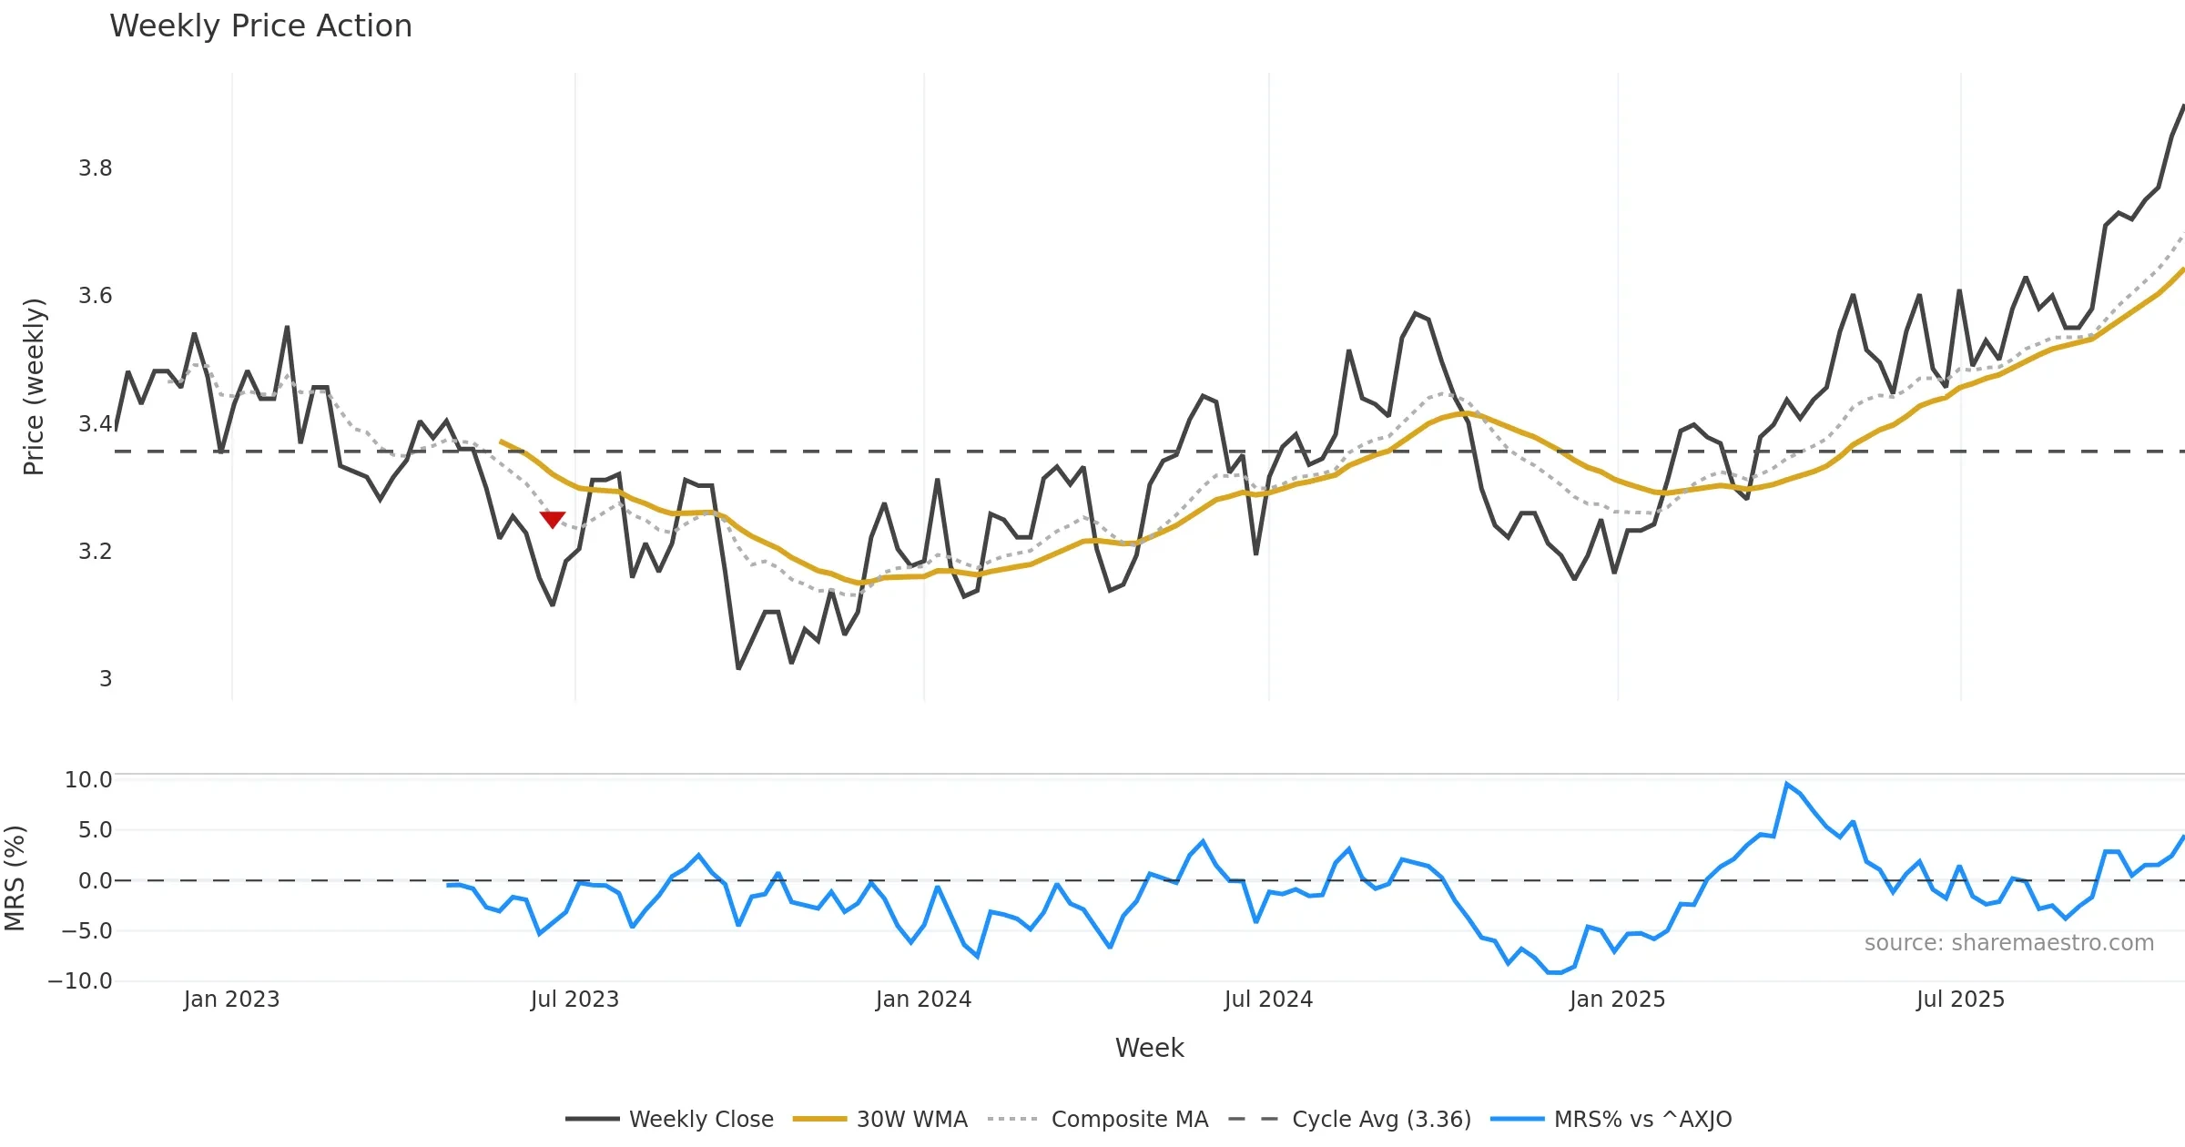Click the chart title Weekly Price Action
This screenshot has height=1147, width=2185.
260,26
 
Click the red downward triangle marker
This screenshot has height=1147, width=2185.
553,519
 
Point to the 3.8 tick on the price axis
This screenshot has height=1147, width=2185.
96,168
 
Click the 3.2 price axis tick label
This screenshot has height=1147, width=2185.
96,552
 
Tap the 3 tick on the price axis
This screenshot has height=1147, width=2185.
106,679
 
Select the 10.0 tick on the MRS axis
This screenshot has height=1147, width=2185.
88,780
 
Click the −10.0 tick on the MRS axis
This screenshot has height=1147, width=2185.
80,981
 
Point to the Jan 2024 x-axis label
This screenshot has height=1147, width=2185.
923,1000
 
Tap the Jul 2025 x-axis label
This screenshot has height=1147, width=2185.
1960,1000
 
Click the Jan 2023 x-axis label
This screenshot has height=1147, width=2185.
231,1000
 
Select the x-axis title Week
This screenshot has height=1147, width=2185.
1149,1049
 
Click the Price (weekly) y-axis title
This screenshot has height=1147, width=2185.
34,387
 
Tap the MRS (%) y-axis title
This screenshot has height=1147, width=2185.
15,878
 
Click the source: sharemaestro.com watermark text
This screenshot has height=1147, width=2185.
2008,943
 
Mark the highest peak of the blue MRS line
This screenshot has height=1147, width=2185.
1787,784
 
